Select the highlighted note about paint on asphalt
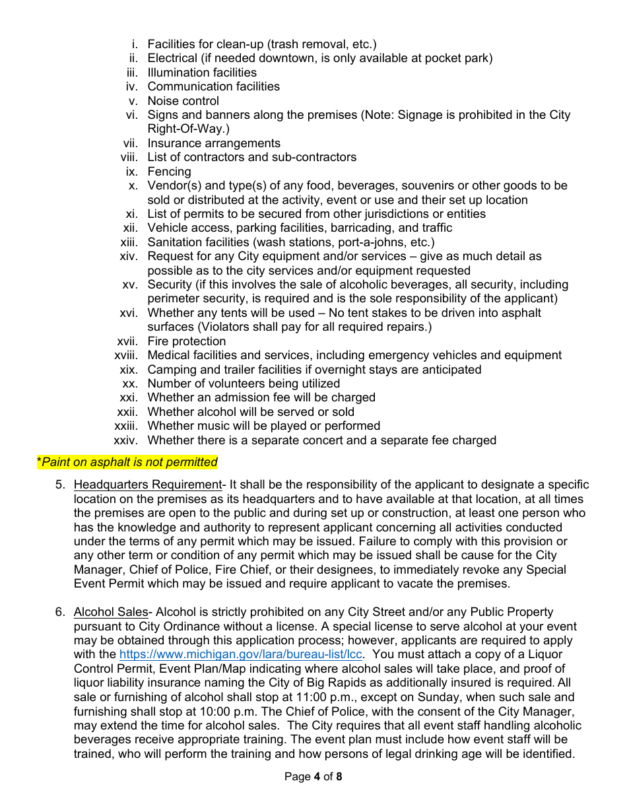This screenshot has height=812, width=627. pyautogui.click(x=127, y=462)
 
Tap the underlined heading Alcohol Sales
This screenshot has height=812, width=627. pyautogui.click(x=110, y=612)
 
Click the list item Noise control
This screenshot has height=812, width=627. pyautogui.click(x=183, y=101)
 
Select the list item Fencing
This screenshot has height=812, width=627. pyautogui.click(x=169, y=172)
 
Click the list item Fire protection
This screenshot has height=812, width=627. pyautogui.click(x=186, y=341)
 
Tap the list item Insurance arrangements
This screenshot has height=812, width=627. pyautogui.click(x=214, y=143)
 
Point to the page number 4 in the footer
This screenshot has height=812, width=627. pyautogui.click(x=317, y=777)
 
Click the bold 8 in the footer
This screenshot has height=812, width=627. pyautogui.click(x=339, y=777)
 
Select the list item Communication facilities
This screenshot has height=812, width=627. pyautogui.click(x=213, y=86)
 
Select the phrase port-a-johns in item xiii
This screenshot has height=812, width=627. pyautogui.click(x=364, y=242)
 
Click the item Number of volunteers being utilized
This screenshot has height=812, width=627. pyautogui.click(x=244, y=384)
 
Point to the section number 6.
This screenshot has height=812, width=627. pyautogui.click(x=59, y=612)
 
